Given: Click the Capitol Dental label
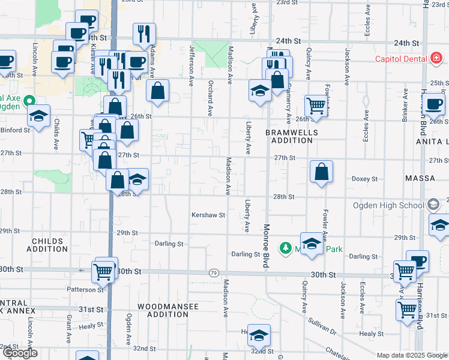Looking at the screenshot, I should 400,58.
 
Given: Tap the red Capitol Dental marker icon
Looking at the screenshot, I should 436,58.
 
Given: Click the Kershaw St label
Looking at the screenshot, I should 208,215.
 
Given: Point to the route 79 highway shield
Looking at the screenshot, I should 214,273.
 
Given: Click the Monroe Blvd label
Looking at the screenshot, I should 265,245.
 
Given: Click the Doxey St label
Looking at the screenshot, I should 364,179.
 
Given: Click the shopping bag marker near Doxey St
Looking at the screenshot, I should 322,172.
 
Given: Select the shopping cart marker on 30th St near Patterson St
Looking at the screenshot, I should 103,271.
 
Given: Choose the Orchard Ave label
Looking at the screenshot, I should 210,98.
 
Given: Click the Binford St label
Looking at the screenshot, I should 14,130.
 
